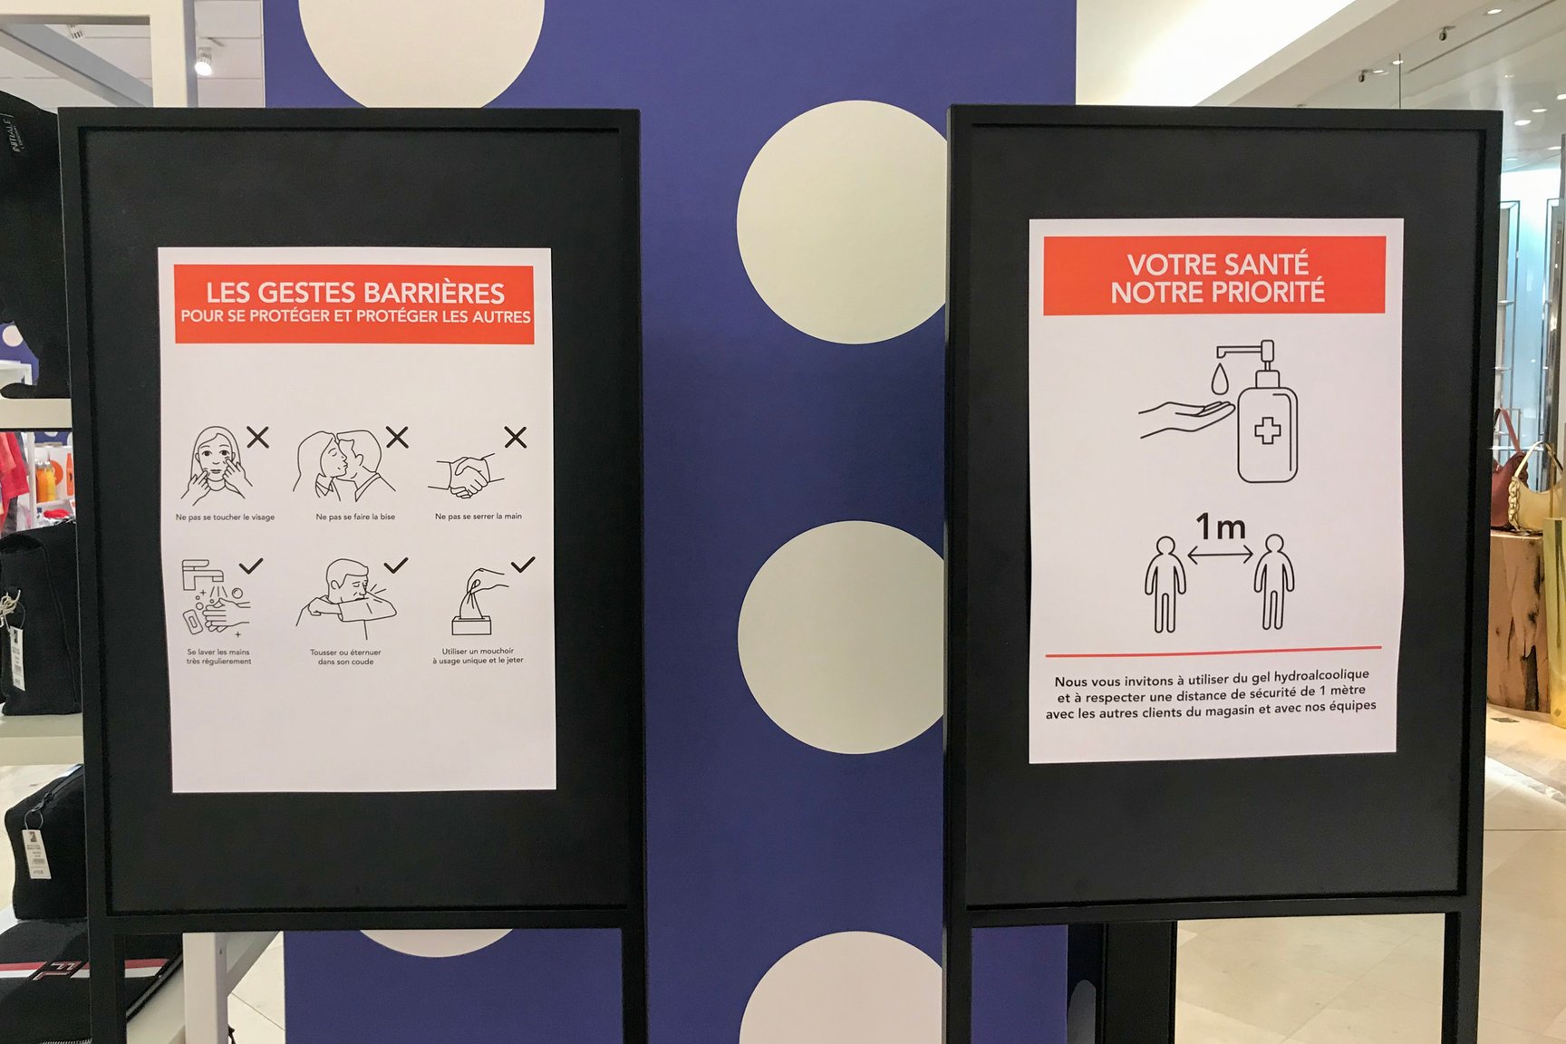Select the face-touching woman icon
coord(214,465)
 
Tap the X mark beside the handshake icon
coord(516,438)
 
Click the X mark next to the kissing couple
coord(397,437)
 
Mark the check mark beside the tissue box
coord(523,565)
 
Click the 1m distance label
coord(1220,526)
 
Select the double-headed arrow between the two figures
coord(1220,553)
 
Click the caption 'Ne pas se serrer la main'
coord(478,517)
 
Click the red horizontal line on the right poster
coord(1213,651)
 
